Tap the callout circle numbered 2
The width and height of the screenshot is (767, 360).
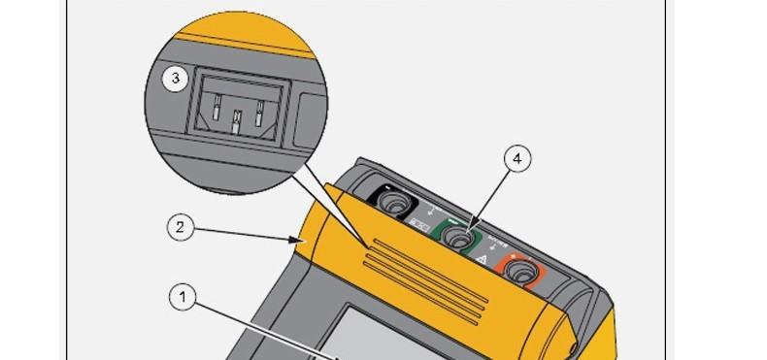(179, 228)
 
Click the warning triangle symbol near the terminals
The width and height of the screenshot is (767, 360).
(482, 260)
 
